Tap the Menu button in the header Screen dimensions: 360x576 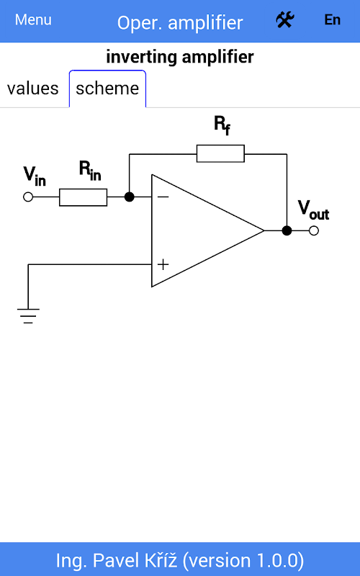tap(33, 20)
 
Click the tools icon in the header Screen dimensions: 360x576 tap(285, 20)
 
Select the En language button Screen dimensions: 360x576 tap(332, 20)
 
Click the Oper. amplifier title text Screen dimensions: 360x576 tap(180, 23)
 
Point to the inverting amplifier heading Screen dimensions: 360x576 tap(180, 57)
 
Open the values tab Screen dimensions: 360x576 tap(33, 89)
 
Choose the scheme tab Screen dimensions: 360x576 tap(107, 89)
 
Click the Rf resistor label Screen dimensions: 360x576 tap(222, 125)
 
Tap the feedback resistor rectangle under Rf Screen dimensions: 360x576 tap(220, 153)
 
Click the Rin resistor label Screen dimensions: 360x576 tap(90, 171)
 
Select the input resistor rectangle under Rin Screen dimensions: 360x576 tap(84, 197)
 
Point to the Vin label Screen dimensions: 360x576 tap(35, 176)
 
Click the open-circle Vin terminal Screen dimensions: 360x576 tap(28, 197)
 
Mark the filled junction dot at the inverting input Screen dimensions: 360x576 tap(130, 197)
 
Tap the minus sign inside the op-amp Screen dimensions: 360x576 tap(163, 197)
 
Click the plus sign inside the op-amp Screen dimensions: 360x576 tap(163, 264)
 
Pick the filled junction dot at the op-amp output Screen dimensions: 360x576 tap(287, 230)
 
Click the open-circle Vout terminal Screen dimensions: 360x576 tap(314, 230)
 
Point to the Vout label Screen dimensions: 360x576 tap(313, 210)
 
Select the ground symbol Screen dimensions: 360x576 tap(28, 316)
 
